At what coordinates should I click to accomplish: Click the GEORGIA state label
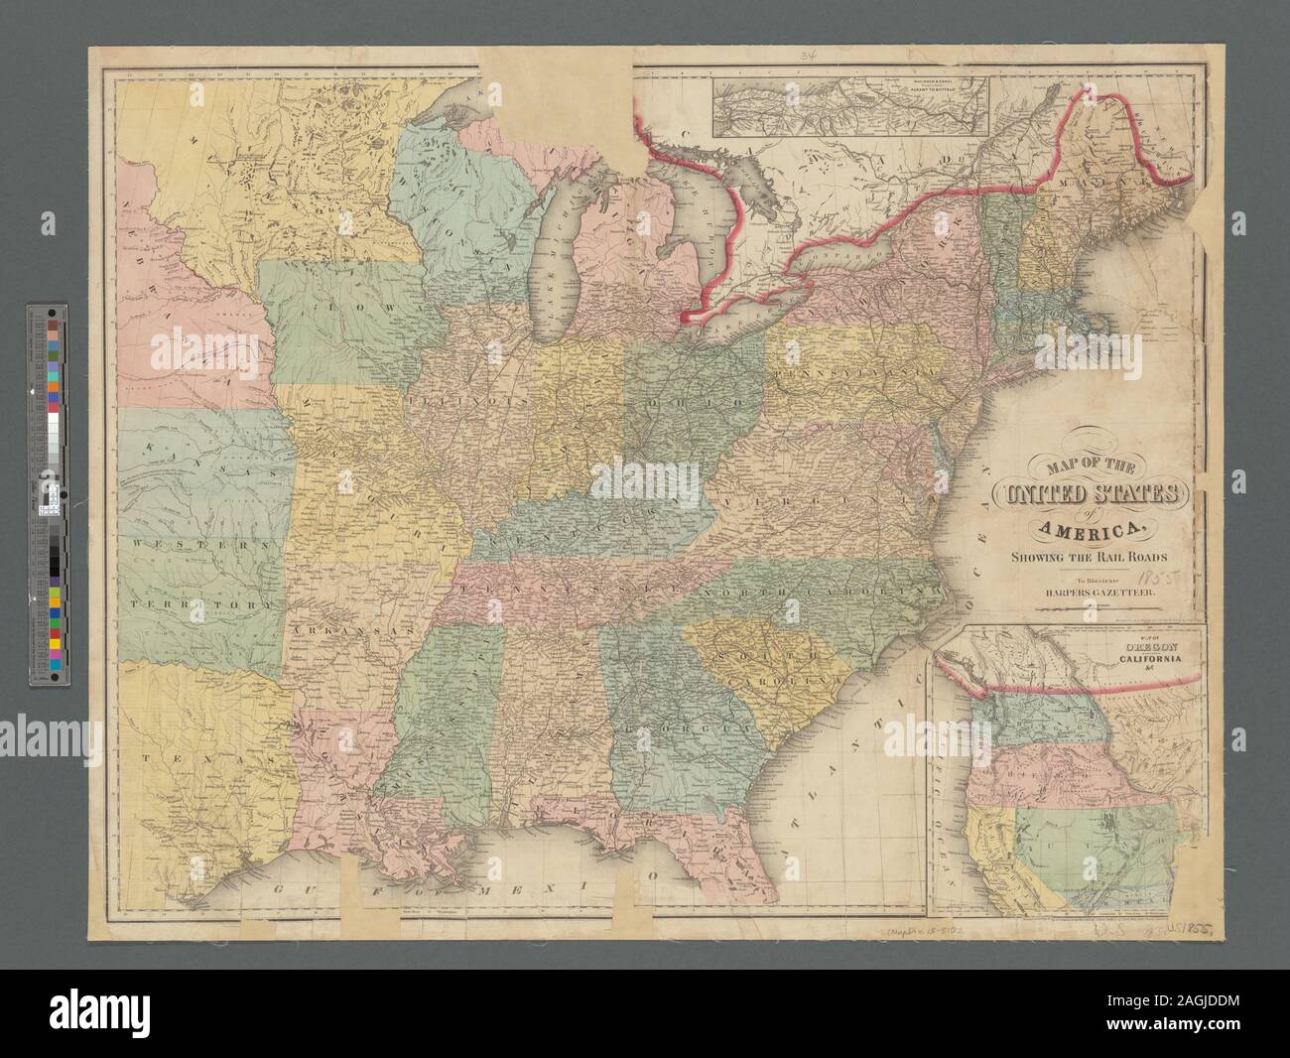[685, 729]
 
